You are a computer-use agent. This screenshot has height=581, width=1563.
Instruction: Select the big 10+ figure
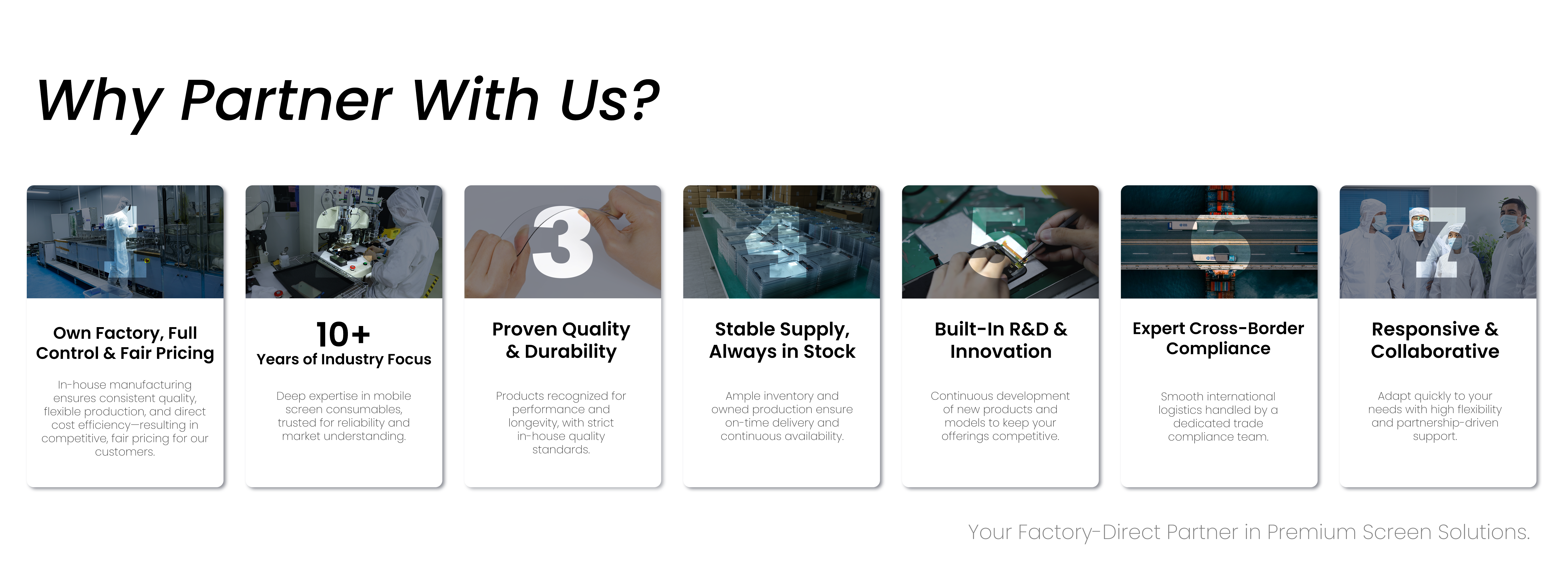point(343,334)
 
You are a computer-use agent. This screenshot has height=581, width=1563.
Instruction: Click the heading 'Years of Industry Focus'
point(343,360)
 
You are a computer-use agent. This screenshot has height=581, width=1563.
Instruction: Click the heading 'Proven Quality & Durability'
point(561,340)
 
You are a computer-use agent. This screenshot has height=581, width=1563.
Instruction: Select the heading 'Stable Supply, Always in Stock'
point(782,340)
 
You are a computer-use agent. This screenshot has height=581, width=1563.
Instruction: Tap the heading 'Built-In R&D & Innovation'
point(1001,340)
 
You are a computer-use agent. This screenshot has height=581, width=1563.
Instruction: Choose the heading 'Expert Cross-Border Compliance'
point(1218,339)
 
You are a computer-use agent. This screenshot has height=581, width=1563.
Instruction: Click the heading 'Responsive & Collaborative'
point(1435,340)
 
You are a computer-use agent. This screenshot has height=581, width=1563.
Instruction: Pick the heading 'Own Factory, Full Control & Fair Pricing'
point(125,343)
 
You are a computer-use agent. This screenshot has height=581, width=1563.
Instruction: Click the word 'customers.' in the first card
point(125,452)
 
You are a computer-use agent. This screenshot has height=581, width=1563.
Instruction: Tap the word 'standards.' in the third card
point(561,449)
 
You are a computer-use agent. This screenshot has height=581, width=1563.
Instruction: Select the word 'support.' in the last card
point(1435,436)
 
